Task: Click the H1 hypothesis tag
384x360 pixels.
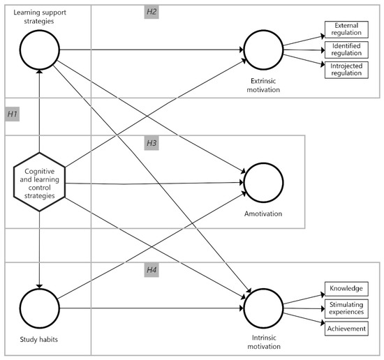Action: coord(13,113)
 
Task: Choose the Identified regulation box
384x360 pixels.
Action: coord(345,50)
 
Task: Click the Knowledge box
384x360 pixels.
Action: coord(345,290)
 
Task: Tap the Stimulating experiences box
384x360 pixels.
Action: coord(345,308)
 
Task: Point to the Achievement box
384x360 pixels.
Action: coord(345,328)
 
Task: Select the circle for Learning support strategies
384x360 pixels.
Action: coord(40,50)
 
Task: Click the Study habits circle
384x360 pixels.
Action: coord(40,308)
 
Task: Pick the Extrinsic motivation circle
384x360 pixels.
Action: coord(263,50)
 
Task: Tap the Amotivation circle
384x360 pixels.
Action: coord(263,183)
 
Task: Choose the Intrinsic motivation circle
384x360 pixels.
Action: coord(263,308)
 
